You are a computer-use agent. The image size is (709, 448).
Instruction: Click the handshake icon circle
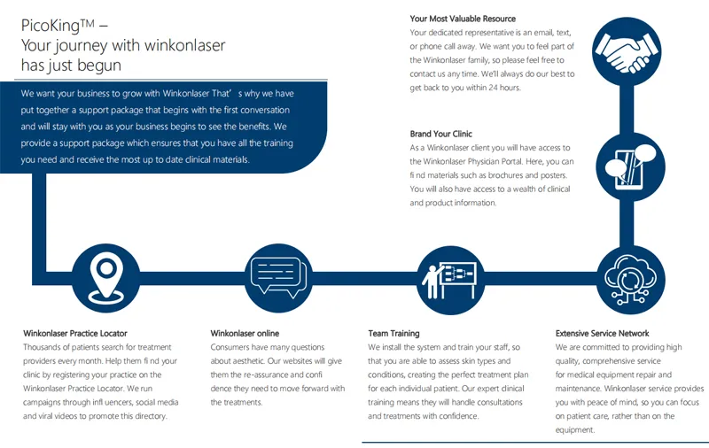pyautogui.click(x=627, y=51)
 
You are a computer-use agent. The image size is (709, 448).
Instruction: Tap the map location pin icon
pyautogui.click(x=105, y=278)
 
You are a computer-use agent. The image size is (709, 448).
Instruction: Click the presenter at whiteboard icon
pyautogui.click(x=450, y=280)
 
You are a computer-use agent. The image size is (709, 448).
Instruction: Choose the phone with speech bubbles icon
pyautogui.click(x=631, y=166)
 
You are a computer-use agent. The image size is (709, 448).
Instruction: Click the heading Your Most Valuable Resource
pyautogui.click(x=463, y=19)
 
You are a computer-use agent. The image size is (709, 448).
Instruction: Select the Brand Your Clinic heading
pyautogui.click(x=440, y=134)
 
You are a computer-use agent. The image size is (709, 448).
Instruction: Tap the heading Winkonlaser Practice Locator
pyautogui.click(x=75, y=334)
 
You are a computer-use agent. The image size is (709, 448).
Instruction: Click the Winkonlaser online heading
pyautogui.click(x=245, y=334)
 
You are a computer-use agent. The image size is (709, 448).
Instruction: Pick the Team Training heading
pyautogui.click(x=393, y=334)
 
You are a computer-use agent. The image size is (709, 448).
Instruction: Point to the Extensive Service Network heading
pyautogui.click(x=602, y=334)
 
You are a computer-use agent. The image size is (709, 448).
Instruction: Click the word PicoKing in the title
pyautogui.click(x=51, y=26)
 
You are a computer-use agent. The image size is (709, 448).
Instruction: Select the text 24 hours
pyautogui.click(x=504, y=88)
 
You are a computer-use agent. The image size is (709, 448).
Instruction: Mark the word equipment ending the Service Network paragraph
pyautogui.click(x=575, y=430)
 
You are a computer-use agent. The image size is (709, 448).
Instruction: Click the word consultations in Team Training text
pyautogui.click(x=498, y=402)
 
